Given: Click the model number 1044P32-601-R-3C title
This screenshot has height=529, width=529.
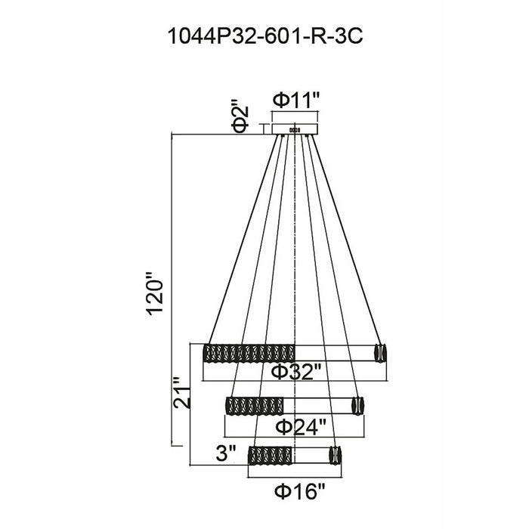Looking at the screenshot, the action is pyautogui.click(x=265, y=36).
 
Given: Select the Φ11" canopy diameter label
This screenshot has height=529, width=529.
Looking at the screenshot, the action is pyautogui.click(x=296, y=101).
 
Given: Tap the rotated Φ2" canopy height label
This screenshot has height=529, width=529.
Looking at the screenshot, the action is pyautogui.click(x=240, y=119).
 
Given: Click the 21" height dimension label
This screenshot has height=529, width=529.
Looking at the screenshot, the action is pyautogui.click(x=182, y=393).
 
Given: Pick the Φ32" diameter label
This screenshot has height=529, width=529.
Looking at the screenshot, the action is pyautogui.click(x=296, y=372).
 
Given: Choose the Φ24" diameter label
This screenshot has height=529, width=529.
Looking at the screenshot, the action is pyautogui.click(x=301, y=428).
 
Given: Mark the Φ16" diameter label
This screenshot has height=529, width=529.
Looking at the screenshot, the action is pyautogui.click(x=299, y=491).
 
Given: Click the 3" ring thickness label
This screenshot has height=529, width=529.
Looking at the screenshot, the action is pyautogui.click(x=226, y=453).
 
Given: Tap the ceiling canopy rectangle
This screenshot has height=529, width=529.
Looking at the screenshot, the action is pyautogui.click(x=295, y=129).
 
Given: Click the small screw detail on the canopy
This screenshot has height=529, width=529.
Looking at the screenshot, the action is pyautogui.click(x=295, y=130).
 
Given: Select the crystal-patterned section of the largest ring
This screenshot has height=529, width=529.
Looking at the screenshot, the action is pyautogui.click(x=249, y=354).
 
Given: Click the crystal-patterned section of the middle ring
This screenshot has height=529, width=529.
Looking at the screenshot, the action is pyautogui.click(x=255, y=406).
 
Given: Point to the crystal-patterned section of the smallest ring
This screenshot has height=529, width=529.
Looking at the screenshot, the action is pyautogui.click(x=270, y=455).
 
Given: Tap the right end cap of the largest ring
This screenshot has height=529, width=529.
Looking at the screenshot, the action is pyautogui.click(x=381, y=353).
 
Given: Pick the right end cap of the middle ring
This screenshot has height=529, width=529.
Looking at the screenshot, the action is pyautogui.click(x=358, y=406).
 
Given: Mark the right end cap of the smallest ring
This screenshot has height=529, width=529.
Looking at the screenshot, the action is pyautogui.click(x=336, y=455).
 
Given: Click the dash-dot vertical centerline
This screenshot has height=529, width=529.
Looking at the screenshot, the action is pyautogui.click(x=295, y=297).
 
